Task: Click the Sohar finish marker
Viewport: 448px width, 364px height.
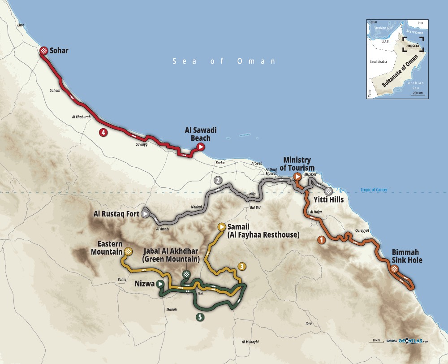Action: [x=43, y=51]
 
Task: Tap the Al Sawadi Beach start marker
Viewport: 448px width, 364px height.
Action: [x=201, y=147]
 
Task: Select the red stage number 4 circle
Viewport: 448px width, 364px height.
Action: [x=103, y=132]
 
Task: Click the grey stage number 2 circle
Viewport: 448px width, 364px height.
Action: [x=218, y=181]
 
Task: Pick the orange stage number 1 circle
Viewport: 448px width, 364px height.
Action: [x=321, y=240]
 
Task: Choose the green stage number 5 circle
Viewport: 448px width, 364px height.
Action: [x=199, y=317]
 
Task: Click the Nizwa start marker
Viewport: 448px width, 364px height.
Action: [x=160, y=284]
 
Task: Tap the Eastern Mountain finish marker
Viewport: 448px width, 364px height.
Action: [x=128, y=251]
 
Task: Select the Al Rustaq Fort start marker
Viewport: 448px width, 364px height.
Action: [x=145, y=214]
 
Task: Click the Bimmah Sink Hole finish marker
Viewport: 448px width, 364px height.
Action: [x=394, y=269]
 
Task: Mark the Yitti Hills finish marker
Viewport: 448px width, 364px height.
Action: [x=329, y=190]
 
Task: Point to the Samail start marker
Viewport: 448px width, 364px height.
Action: [x=221, y=227]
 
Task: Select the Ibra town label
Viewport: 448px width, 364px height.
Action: [x=308, y=323]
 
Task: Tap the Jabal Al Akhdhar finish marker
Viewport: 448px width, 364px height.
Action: [x=186, y=274]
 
